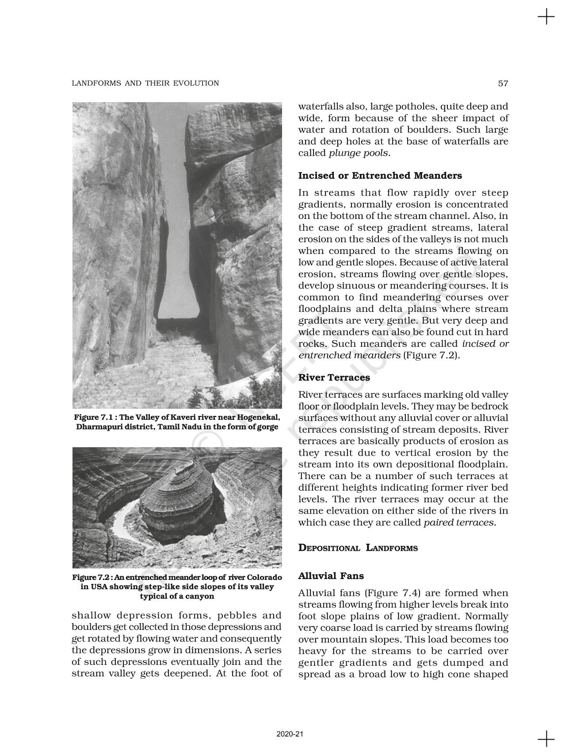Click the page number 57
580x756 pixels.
[x=503, y=83]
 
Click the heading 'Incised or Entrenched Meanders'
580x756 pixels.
[x=380, y=176]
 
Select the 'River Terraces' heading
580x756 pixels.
[x=334, y=377]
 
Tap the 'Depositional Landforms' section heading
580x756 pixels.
[x=358, y=548]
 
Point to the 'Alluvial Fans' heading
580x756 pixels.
[x=331, y=576]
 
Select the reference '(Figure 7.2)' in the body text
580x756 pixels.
[x=431, y=355]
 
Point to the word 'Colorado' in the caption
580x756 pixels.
[x=264, y=578]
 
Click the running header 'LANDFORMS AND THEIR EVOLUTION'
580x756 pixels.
[x=145, y=83]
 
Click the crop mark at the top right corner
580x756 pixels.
[x=546, y=17]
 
